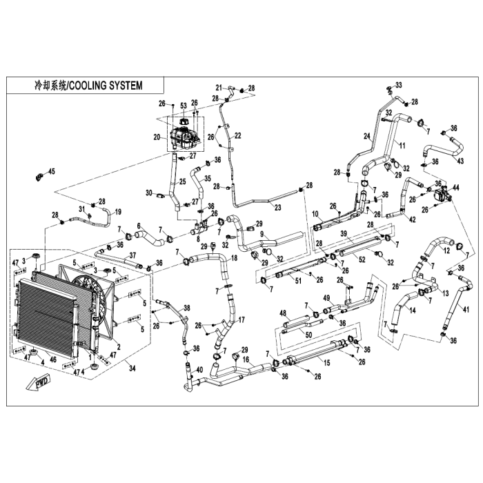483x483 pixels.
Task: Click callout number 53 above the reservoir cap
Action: pyautogui.click(x=183, y=105)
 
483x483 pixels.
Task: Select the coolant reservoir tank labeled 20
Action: pyautogui.click(x=183, y=139)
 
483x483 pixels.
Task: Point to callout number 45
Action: pyautogui.click(x=50, y=172)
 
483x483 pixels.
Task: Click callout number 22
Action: pyautogui.click(x=238, y=135)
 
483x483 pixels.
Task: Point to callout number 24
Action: pyautogui.click(x=368, y=137)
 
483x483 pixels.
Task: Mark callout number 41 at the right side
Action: pyautogui.click(x=466, y=309)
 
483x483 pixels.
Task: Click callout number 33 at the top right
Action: pyautogui.click(x=398, y=83)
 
